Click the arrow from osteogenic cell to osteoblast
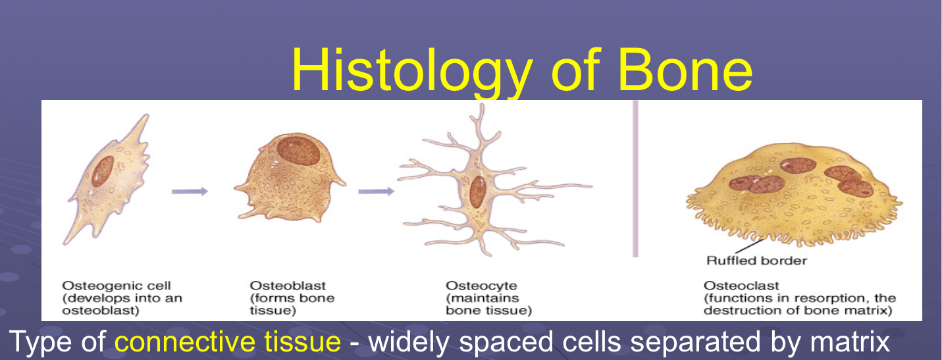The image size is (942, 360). pos(190,192)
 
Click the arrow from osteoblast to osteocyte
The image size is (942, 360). pos(376,192)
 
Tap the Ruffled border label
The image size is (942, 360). pos(756,261)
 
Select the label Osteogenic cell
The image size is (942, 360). pos(117,286)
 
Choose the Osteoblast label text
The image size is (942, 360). pos(288,286)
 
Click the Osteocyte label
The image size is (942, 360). pos(481,286)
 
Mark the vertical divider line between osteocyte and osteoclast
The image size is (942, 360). pos(635,178)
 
